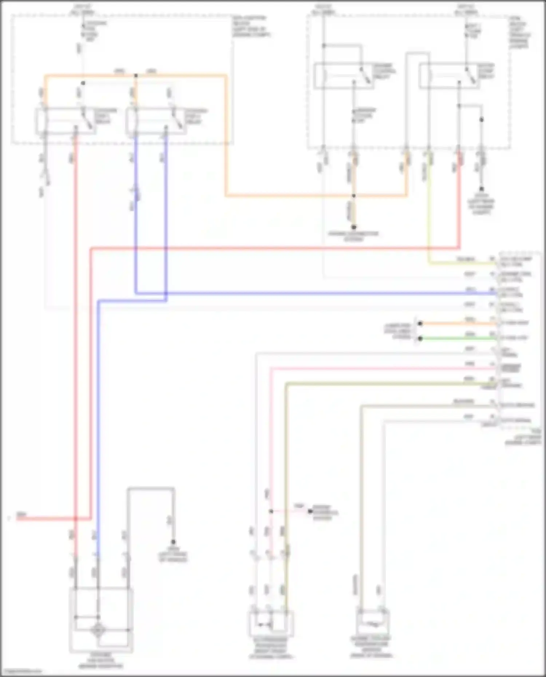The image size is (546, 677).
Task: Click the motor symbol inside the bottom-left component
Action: (x=98, y=630)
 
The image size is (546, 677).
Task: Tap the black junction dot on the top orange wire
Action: (x=136, y=76)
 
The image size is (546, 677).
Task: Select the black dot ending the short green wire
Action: (x=420, y=338)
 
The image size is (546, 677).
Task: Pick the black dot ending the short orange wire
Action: (x=420, y=323)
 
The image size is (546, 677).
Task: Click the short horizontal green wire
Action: (x=459, y=338)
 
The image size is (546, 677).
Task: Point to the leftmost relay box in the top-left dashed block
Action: (x=66, y=121)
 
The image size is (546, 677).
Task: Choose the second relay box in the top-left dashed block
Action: (x=157, y=121)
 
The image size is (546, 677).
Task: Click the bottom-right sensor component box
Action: (x=373, y=623)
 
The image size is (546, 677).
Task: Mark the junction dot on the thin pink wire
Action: (x=271, y=511)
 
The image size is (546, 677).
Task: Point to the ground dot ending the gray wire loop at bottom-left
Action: (x=174, y=542)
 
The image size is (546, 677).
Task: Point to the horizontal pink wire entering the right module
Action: (x=382, y=369)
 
